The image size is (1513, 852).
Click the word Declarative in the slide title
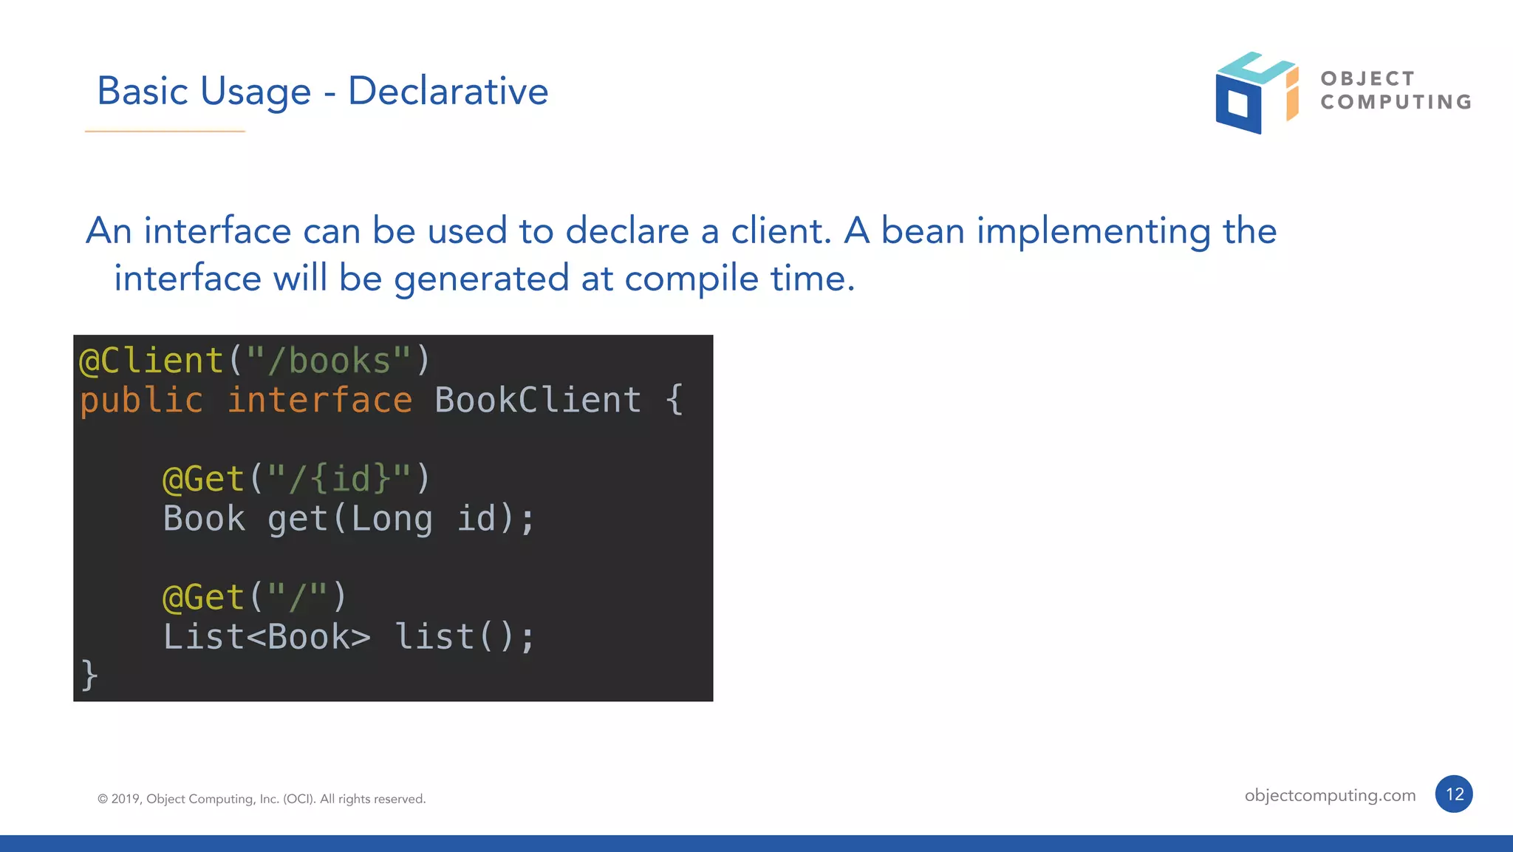[x=448, y=92]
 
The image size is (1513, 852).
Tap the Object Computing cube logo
[x=1255, y=93]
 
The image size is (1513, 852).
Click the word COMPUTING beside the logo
[x=1396, y=102]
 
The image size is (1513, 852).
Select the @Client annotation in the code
[x=151, y=361]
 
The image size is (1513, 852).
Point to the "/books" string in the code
[x=329, y=361]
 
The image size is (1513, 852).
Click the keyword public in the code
[x=141, y=401]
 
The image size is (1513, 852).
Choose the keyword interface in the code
[x=319, y=401]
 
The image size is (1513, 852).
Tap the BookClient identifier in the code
[x=537, y=401]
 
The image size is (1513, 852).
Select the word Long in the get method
[x=392, y=519]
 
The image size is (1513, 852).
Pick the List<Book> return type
[x=267, y=637]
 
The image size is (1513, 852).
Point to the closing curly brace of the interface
[x=89, y=675]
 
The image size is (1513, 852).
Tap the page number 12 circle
[x=1454, y=794]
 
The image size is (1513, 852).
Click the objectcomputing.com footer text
[x=1330, y=795]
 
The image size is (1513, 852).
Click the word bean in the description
[x=923, y=231]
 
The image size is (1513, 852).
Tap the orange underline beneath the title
[x=165, y=132]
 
